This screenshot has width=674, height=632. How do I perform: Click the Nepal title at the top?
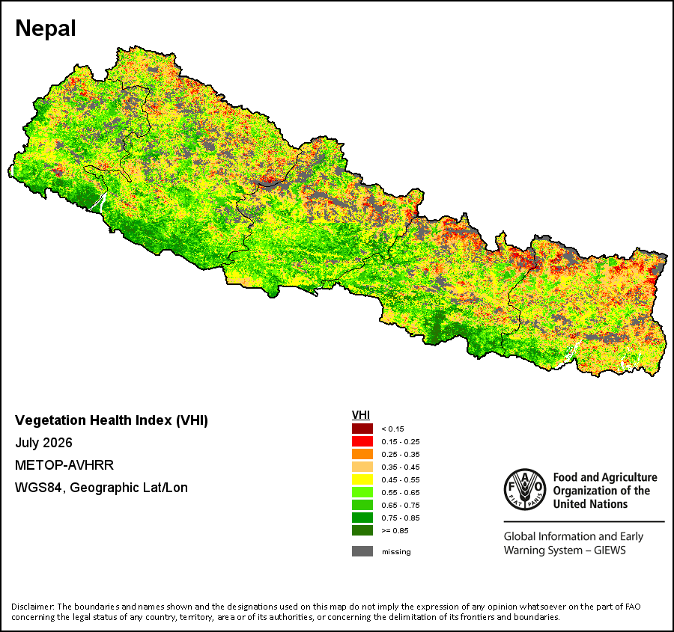(46, 28)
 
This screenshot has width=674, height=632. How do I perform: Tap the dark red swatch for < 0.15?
(362, 429)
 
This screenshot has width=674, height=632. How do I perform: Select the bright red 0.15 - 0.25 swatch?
(362, 441)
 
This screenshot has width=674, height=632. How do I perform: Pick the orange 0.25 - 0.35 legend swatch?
(362, 454)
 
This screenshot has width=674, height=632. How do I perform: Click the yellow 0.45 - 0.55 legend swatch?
(362, 479)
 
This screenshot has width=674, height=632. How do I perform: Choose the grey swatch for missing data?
(362, 551)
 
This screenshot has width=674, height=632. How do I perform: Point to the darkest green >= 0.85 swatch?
(362, 530)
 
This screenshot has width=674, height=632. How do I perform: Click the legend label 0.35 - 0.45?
(400, 467)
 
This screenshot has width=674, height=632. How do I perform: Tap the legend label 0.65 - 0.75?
(400, 506)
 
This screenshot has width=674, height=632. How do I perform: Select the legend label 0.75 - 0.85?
(400, 518)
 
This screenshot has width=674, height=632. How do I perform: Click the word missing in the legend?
(396, 552)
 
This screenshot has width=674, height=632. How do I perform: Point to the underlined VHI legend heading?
(361, 415)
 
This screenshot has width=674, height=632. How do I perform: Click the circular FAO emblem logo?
(525, 489)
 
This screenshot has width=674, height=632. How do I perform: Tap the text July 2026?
(44, 443)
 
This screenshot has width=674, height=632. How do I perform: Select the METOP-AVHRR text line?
(64, 465)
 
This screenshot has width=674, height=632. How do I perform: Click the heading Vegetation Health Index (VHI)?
(112, 420)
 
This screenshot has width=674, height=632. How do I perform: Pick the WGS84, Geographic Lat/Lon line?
(101, 488)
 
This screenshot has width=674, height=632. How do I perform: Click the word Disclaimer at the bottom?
(33, 607)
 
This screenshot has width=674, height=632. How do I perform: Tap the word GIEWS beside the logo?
(610, 550)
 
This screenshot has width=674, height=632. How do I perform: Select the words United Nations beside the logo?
(590, 504)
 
